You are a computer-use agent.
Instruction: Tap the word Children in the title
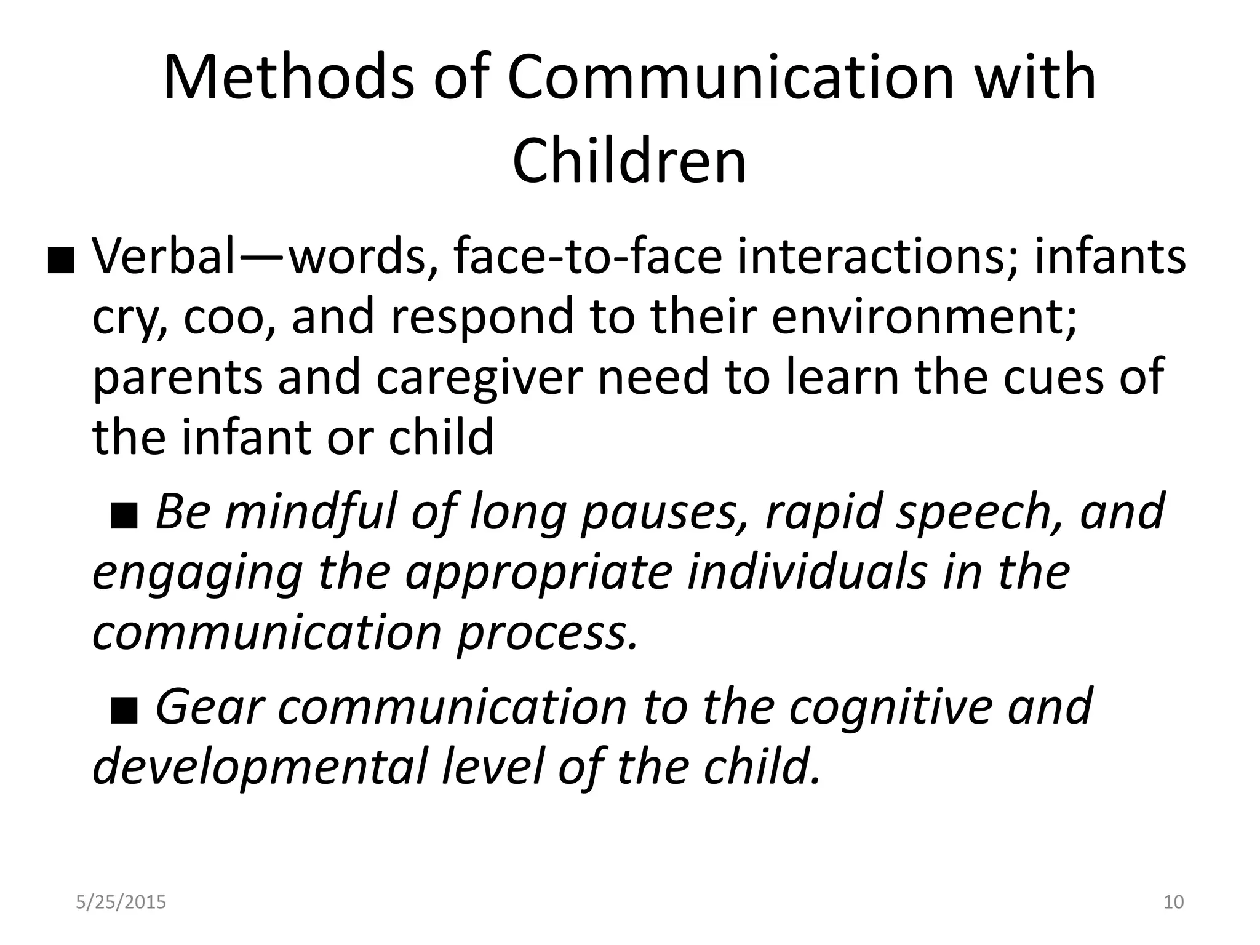tap(629, 161)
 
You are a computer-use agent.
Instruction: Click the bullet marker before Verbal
tap(61, 263)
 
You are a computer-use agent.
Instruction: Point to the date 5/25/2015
tap(121, 902)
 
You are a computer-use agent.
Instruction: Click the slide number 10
tap(1173, 902)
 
